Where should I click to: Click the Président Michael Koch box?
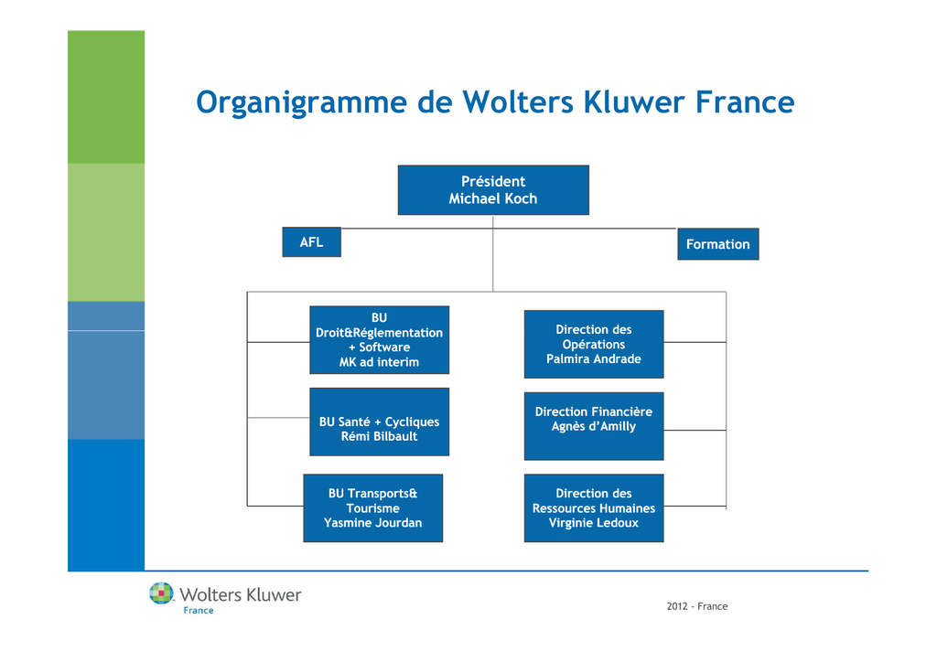pos(493,190)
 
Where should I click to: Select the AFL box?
pos(311,241)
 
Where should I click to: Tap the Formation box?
pos(717,244)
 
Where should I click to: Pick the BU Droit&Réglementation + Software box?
pos(379,340)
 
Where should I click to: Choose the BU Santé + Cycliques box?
pos(379,422)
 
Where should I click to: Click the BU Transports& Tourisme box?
pos(373,508)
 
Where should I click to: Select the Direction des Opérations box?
pos(593,344)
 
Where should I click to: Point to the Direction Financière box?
pos(593,426)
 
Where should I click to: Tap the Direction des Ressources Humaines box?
pos(593,508)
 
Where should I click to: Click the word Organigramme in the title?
pos(302,102)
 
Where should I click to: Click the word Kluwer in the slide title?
pos(634,101)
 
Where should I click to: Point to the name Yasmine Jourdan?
pos(373,523)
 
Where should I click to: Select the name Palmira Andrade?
pos(593,358)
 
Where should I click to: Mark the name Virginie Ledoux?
pos(593,523)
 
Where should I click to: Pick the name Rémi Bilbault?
pos(379,436)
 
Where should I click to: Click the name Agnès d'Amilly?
pos(593,426)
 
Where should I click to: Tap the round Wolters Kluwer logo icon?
pos(161,593)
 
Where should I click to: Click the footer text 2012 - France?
pos(696,606)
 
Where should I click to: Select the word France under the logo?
pos(199,610)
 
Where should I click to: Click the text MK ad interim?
pos(379,362)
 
